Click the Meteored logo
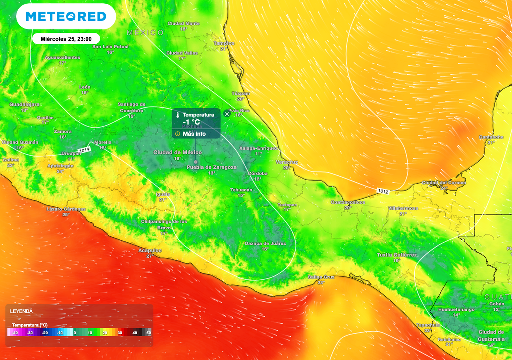point(66,17)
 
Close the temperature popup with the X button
point(227,114)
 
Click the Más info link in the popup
point(194,134)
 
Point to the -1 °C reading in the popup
point(191,122)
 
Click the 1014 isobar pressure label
point(84,149)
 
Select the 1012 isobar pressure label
point(383,191)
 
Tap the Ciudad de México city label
point(177,152)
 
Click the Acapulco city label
point(150,250)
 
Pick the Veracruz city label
point(287,162)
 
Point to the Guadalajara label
point(25,104)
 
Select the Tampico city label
point(224,43)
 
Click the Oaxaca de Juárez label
point(265,243)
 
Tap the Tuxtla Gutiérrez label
point(397,255)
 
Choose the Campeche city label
point(491,137)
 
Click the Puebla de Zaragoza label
point(212,167)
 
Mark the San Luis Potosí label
point(111,47)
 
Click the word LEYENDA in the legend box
point(21,311)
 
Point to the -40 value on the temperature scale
point(16,333)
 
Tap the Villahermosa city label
point(403,208)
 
